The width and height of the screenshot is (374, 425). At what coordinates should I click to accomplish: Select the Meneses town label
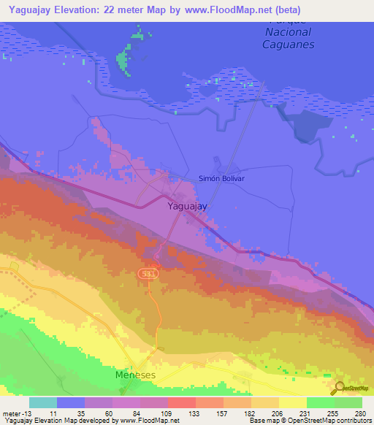tap(136, 375)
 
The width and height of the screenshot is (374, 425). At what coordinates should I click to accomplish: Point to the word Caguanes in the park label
tap(288, 45)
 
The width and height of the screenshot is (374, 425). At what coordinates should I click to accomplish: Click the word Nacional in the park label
tap(288, 32)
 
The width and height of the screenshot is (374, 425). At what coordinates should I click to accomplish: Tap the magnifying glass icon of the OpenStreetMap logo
tap(338, 388)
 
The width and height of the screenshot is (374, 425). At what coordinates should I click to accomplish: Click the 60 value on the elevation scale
tap(98, 413)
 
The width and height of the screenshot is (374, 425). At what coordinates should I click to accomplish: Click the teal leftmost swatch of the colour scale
tap(42, 402)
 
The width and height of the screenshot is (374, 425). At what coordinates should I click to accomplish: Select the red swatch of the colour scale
tap(181, 402)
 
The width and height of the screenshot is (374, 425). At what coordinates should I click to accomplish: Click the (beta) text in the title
tap(285, 10)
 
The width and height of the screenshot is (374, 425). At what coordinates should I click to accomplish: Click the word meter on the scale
tap(12, 413)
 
